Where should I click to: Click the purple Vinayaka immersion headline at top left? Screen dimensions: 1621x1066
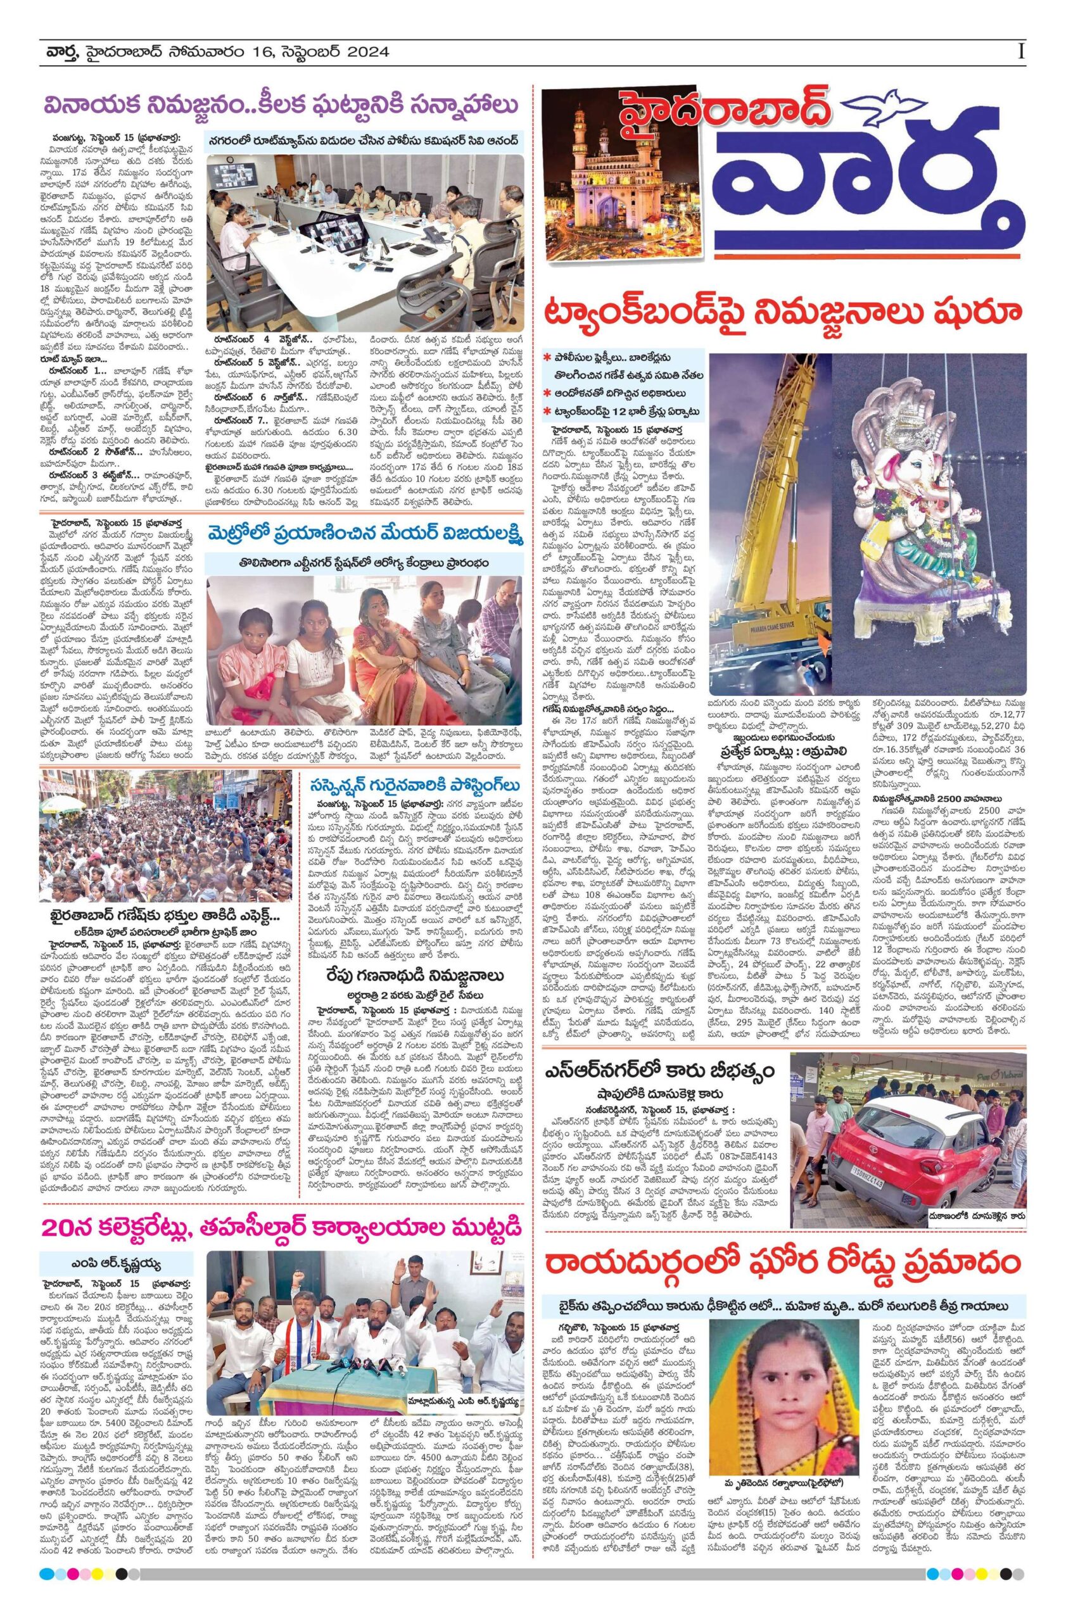(278, 106)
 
